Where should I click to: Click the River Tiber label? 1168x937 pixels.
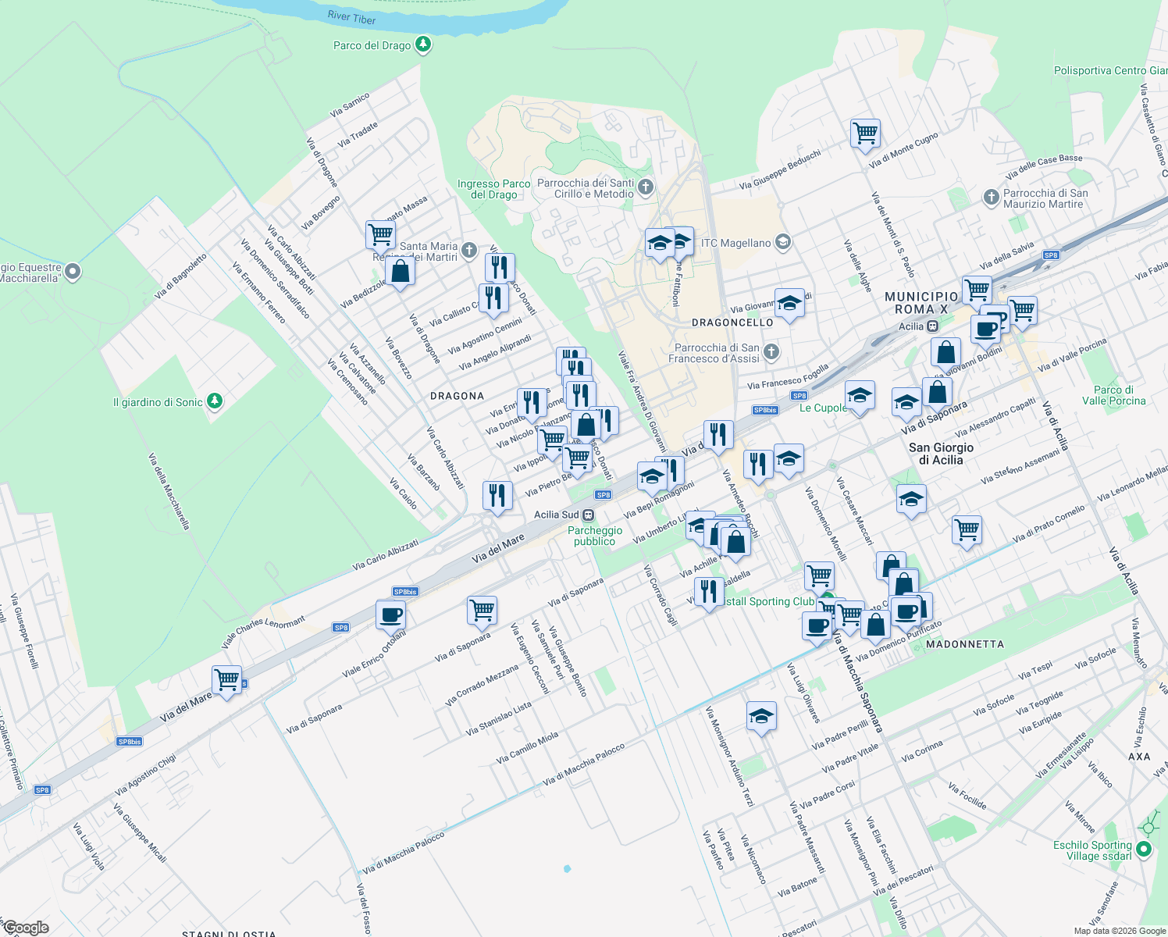[x=352, y=17]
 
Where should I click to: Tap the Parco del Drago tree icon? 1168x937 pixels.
[x=423, y=45]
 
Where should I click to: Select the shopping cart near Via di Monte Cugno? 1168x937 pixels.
[x=865, y=133]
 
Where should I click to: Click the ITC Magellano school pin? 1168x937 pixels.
[x=783, y=243]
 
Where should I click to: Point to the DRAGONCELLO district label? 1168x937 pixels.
[x=732, y=322]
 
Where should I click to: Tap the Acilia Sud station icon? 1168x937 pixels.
[x=588, y=515]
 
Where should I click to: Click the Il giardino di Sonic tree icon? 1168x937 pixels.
[x=215, y=401]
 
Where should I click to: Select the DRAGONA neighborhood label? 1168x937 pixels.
[x=458, y=396]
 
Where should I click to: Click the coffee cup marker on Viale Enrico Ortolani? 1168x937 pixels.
[x=390, y=615]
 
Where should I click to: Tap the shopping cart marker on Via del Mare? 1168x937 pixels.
[x=226, y=679]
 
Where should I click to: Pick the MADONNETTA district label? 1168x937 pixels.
[x=965, y=644]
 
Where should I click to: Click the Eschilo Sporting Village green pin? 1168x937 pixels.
[x=1144, y=849]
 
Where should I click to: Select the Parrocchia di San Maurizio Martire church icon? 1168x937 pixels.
[x=991, y=198]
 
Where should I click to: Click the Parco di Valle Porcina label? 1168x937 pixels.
[x=1113, y=395]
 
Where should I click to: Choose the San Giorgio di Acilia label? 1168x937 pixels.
[x=941, y=454]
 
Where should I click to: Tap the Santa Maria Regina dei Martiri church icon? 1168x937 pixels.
[x=468, y=251]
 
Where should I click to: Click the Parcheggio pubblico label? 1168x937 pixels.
[x=595, y=536]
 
